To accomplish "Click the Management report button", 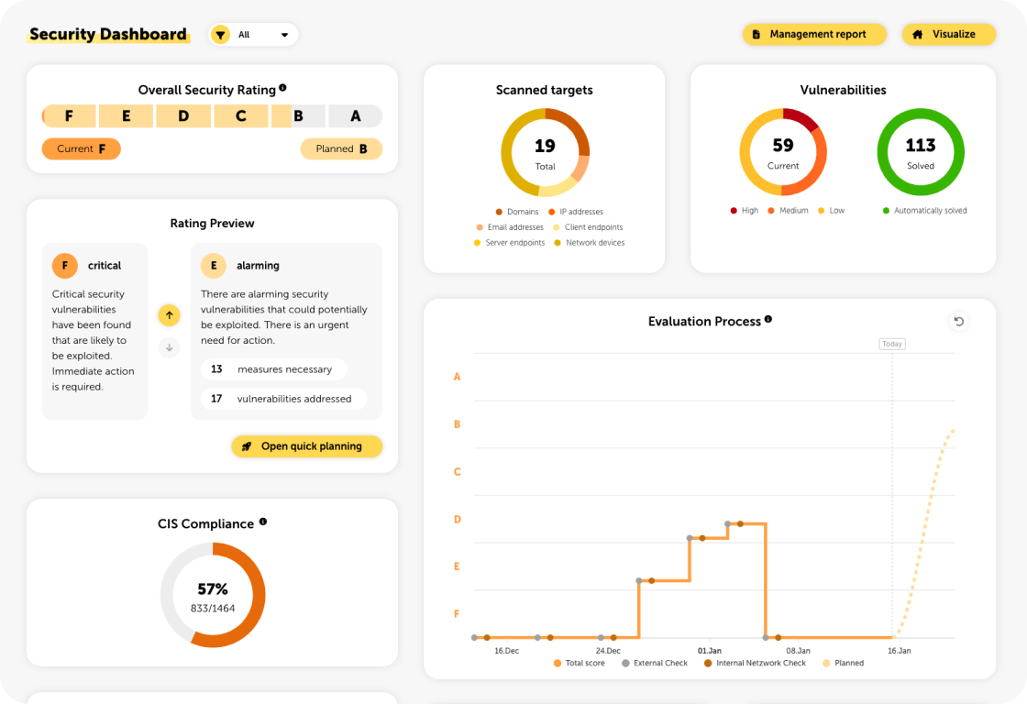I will (x=814, y=35).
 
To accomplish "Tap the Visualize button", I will (x=949, y=35).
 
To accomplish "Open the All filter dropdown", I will (x=254, y=35).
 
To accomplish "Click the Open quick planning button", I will (x=306, y=446).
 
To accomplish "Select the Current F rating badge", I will (x=82, y=148).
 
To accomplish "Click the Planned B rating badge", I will (x=341, y=148).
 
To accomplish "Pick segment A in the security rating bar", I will (x=356, y=116).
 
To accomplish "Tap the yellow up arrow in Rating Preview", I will (x=169, y=315).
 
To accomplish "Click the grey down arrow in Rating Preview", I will (x=169, y=347).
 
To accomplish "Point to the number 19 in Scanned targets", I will (x=545, y=146).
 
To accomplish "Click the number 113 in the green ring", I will (x=920, y=146).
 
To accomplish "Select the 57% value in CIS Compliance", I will (x=213, y=589).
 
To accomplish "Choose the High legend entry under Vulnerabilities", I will (x=745, y=211).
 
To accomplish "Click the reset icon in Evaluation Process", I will (x=958, y=321).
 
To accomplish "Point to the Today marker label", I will (x=892, y=345).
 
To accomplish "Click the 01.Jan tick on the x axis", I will (x=710, y=651).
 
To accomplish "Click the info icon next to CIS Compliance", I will (x=263, y=522).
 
